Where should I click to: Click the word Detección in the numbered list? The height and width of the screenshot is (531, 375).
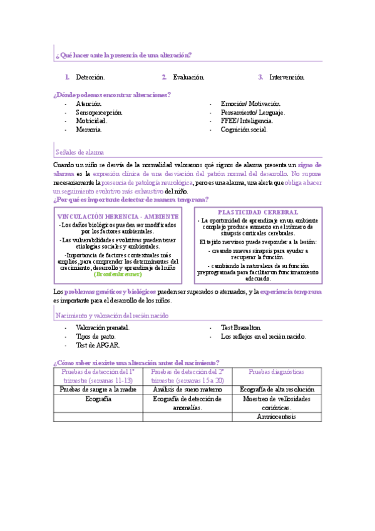90,77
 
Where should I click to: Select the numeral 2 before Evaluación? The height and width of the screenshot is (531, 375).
164,77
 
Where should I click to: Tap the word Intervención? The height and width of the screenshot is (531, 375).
287,77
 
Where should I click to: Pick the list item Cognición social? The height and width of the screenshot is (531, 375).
244,130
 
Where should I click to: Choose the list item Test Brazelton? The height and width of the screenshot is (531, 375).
241,327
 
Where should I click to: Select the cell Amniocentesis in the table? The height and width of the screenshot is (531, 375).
276,416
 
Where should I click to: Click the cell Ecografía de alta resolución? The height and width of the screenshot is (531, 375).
276,389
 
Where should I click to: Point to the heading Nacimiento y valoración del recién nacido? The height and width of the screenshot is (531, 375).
111,316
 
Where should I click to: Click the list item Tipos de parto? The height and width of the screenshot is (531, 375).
95,336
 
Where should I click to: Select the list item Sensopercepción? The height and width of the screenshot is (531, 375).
99,112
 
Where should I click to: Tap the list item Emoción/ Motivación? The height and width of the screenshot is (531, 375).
250,103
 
